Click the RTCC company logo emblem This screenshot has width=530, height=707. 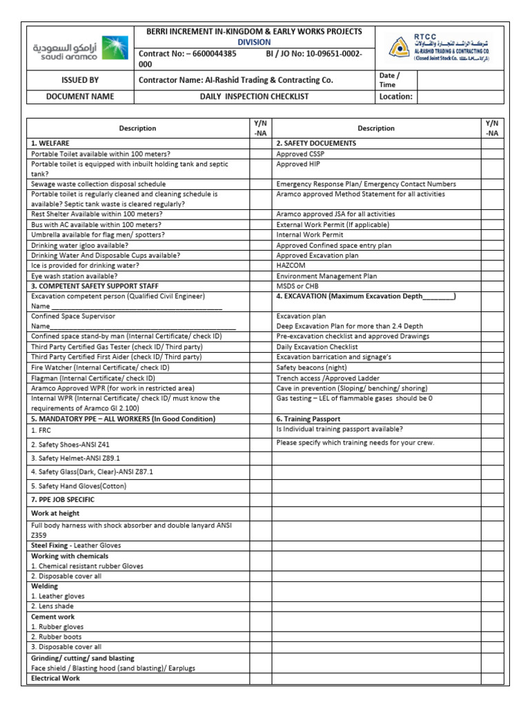(x=399, y=49)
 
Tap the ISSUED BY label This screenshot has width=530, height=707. (x=80, y=80)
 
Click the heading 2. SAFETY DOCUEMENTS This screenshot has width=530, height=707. (x=316, y=143)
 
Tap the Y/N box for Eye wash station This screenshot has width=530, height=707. (x=260, y=275)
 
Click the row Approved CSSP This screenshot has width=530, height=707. (x=300, y=154)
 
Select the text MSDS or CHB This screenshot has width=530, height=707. (x=299, y=286)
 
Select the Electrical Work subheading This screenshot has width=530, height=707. (x=56, y=678)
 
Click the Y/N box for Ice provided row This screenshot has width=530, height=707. (x=260, y=265)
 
